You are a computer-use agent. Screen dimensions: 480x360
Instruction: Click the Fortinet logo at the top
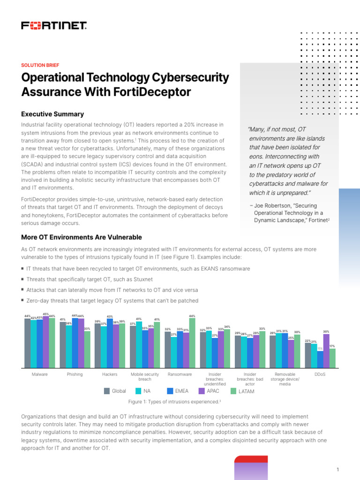click(x=54, y=25)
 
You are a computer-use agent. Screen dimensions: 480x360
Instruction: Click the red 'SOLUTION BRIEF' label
click(x=40, y=65)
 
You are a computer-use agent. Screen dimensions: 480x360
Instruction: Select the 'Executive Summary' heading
click(x=52, y=114)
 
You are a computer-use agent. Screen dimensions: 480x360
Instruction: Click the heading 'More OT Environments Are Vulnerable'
click(x=82, y=237)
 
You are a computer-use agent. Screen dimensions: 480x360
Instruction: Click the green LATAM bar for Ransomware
click(x=192, y=343)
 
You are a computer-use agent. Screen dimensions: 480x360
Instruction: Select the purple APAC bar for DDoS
click(x=326, y=351)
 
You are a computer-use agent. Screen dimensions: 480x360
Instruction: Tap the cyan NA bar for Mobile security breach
click(x=139, y=345)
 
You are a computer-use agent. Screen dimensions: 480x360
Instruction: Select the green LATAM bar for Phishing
click(x=87, y=349)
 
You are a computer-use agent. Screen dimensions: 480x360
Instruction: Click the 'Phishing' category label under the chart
click(x=75, y=375)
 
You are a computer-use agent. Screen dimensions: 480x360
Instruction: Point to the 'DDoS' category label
click(x=320, y=375)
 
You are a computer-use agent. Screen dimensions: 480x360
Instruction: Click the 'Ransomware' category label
click(x=180, y=375)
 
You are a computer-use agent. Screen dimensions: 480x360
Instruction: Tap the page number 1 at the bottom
click(x=337, y=470)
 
